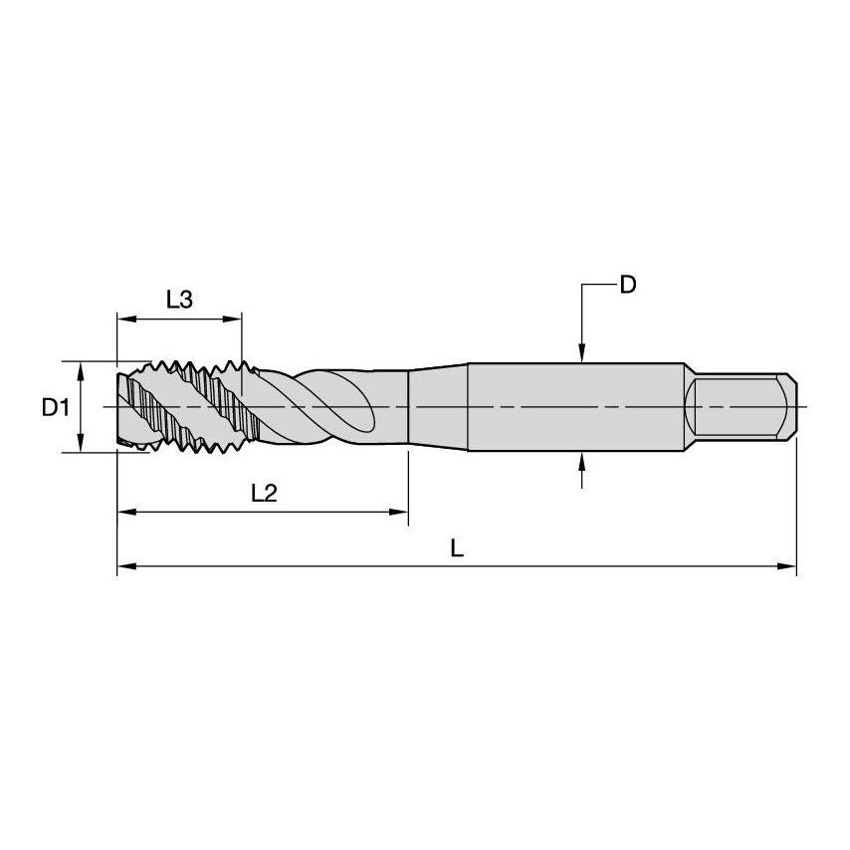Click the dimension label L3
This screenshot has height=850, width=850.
179,300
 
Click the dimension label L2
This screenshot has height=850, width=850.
264,493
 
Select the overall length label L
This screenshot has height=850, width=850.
457,548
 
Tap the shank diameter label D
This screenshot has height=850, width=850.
627,286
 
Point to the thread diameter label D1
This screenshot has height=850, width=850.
55,407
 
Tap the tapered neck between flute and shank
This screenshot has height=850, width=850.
438,407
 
